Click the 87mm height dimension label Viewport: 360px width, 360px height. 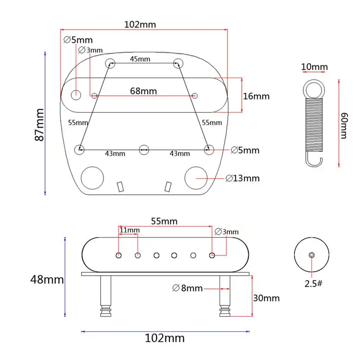pos(39,125)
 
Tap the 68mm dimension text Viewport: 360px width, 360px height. pos(144,91)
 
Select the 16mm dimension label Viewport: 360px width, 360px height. pos(256,96)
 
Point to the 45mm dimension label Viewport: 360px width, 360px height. pos(140,59)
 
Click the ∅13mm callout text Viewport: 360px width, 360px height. pos(243,178)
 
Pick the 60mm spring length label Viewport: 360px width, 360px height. pos(344,126)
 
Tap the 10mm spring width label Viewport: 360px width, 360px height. pos(314,67)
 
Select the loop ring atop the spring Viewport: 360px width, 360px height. pos(314,89)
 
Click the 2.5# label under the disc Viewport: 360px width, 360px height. pos(313,284)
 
